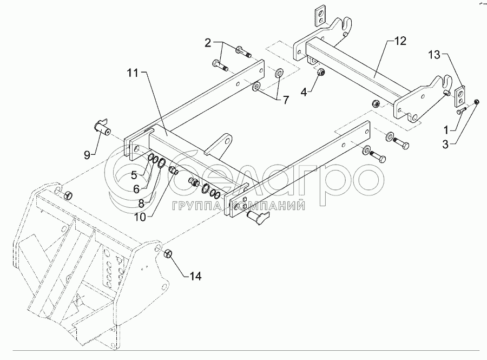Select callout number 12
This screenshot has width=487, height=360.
(x=400, y=41)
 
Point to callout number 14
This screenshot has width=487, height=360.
(x=195, y=276)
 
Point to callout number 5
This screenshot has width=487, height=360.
(x=134, y=174)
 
